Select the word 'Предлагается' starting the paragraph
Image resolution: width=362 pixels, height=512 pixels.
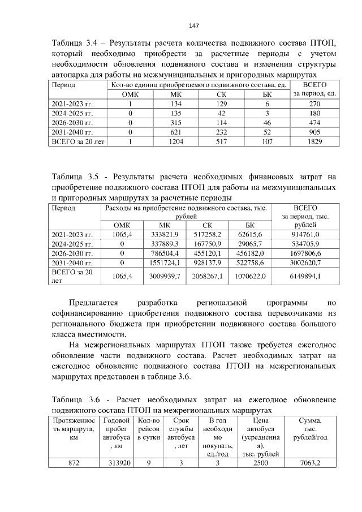tap(96, 303)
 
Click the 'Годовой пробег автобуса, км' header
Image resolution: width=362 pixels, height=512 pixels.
tap(117, 434)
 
